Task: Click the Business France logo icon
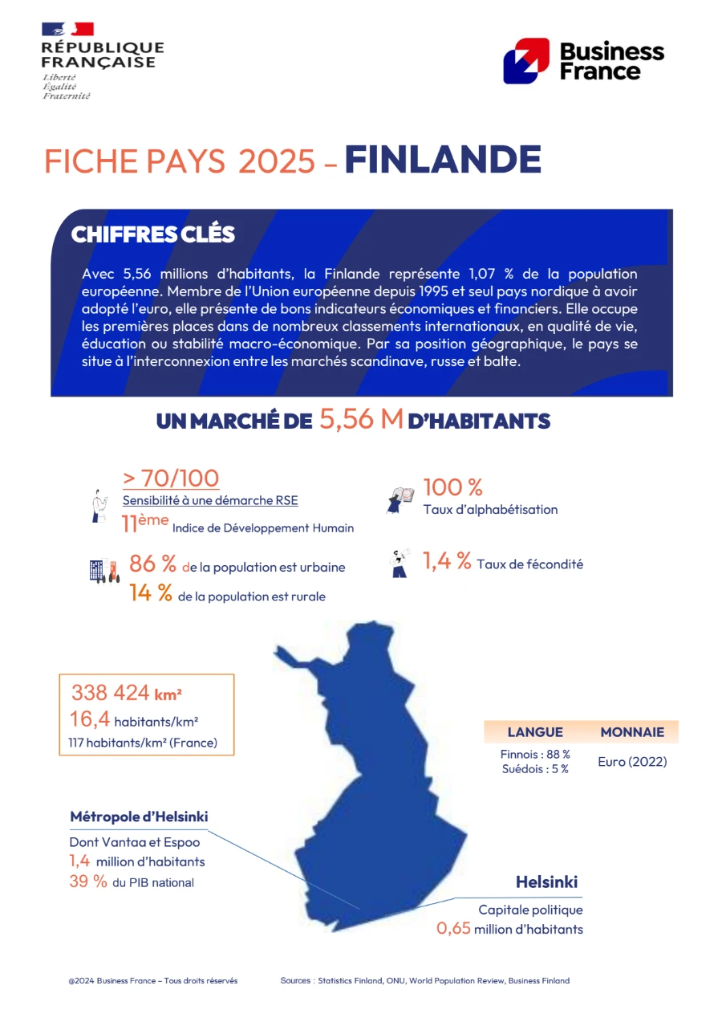526,61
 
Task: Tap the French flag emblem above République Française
67,29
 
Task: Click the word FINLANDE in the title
443,160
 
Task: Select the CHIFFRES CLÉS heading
152,234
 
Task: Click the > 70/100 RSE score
171,478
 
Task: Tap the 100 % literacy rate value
452,487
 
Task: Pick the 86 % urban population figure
152,564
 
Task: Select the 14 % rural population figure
151,594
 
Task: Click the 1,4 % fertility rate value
447,562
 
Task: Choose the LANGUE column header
535,732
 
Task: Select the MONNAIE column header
632,732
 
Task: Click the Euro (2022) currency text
632,762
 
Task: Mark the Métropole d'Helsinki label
139,817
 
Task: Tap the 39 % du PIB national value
88,882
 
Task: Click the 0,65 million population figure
454,930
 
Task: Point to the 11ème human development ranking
145,523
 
